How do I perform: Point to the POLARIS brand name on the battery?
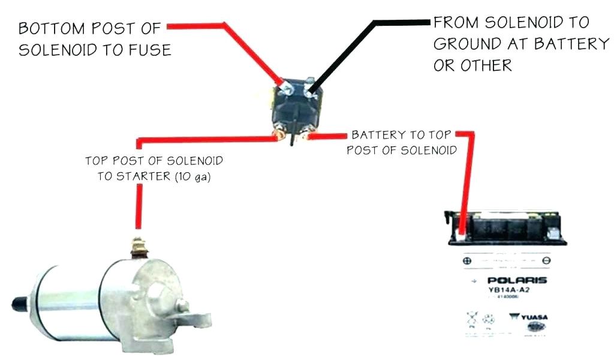[x=517, y=281]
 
